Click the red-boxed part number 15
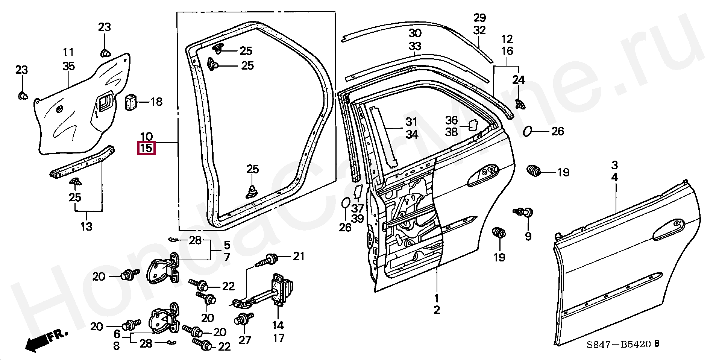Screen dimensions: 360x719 (146, 148)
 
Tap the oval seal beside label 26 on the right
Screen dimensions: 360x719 (528, 132)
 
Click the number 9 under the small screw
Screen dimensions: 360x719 (528, 236)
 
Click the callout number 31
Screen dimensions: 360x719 (411, 122)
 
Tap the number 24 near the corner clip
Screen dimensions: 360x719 (518, 80)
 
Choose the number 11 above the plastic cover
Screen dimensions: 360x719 (68, 52)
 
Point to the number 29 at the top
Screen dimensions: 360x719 (479, 18)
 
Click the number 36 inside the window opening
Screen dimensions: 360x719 (451, 120)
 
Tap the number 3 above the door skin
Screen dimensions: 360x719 (614, 165)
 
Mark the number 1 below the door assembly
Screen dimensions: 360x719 (437, 298)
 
